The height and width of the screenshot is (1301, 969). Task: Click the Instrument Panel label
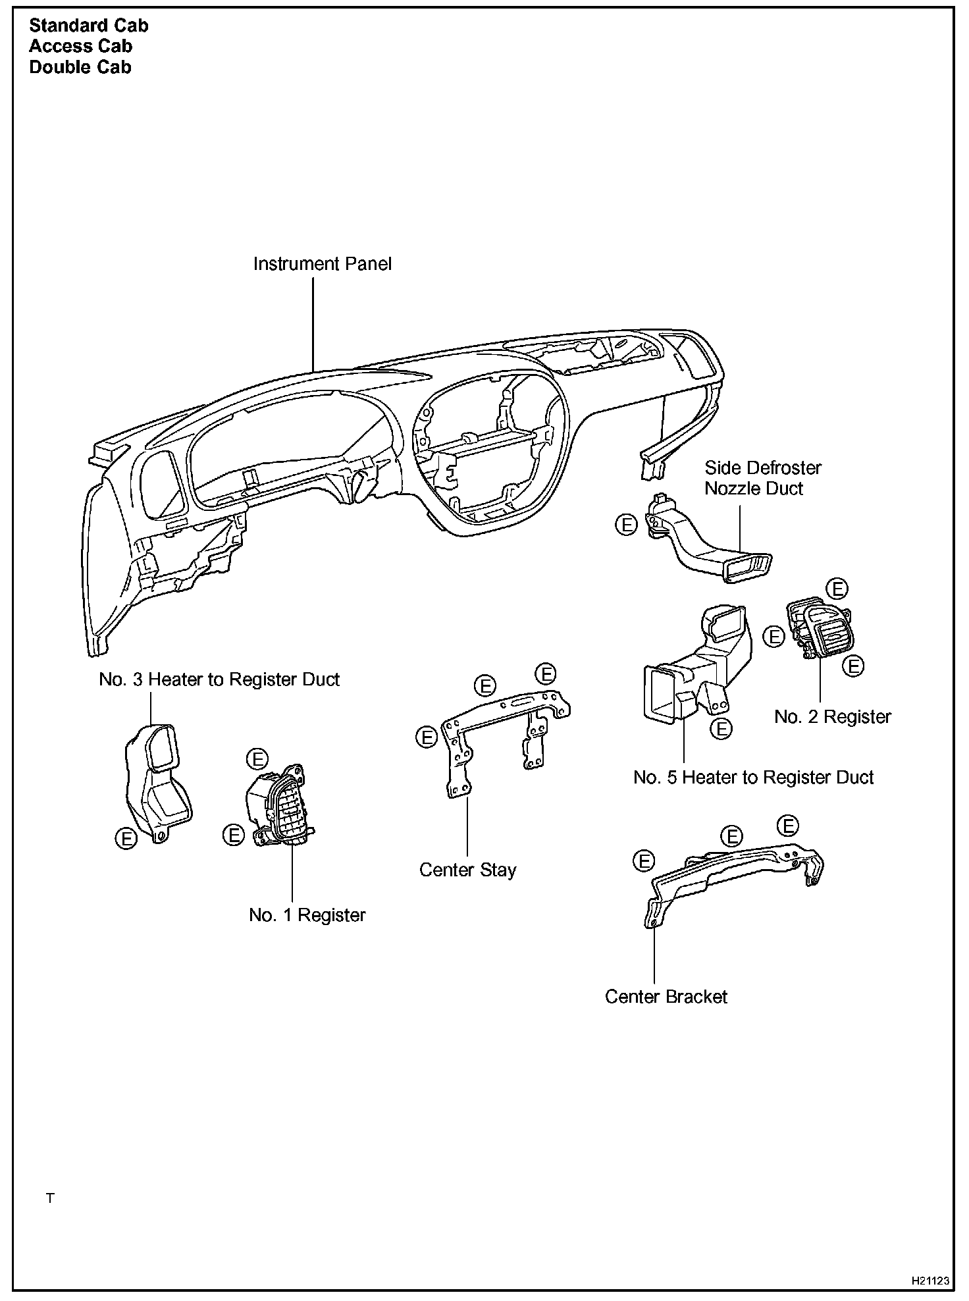tap(322, 264)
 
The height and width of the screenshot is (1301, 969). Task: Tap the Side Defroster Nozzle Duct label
tap(762, 478)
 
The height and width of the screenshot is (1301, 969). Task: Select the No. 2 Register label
tap(832, 716)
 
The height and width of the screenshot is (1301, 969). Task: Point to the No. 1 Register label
tap(307, 915)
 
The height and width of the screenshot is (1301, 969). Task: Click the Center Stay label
tap(467, 870)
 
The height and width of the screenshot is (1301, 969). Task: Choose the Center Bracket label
tap(666, 996)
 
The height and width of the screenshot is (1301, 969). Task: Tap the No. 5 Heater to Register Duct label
tap(753, 777)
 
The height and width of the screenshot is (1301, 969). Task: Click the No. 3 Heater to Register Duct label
tap(219, 679)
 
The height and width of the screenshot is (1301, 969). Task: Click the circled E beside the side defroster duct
tap(627, 525)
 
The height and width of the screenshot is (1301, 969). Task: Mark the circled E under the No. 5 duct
tap(721, 729)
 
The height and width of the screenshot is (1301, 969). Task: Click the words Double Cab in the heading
tap(80, 67)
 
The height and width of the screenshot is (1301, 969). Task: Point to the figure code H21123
tap(930, 1281)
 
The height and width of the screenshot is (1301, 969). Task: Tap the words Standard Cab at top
tap(89, 26)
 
